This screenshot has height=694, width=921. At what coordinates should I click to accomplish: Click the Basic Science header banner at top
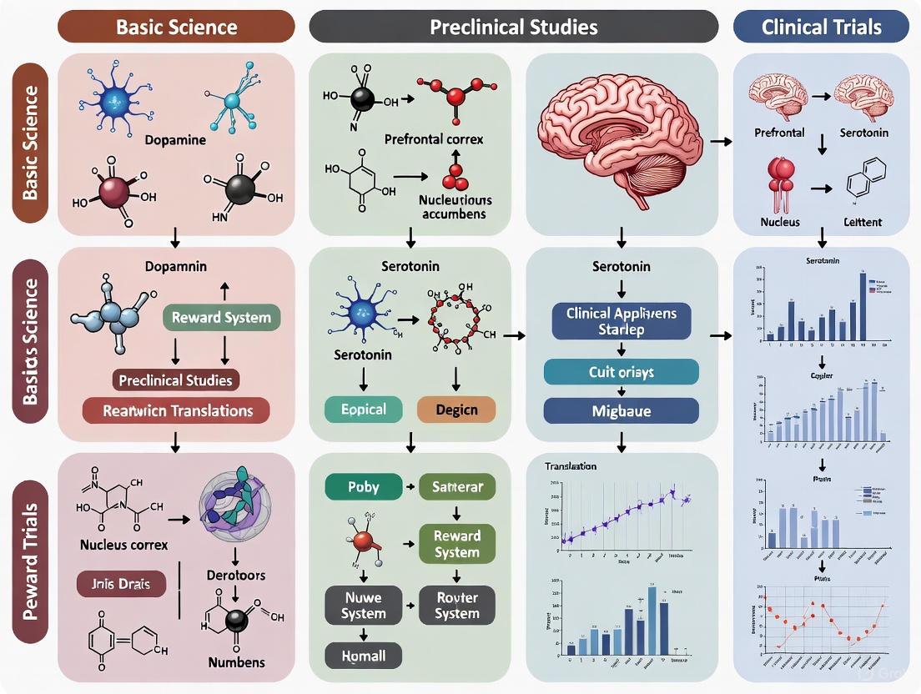coord(176,26)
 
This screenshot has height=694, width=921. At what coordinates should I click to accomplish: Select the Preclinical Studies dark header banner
coord(513,26)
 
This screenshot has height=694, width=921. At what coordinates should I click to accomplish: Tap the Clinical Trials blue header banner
coord(821,26)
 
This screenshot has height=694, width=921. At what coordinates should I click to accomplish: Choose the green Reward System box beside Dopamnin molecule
coord(221,318)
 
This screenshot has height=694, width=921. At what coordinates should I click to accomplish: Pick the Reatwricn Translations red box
coord(176,410)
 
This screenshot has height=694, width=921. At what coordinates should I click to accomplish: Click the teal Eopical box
coord(364,410)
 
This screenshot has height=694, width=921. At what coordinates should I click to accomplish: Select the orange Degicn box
coord(455,410)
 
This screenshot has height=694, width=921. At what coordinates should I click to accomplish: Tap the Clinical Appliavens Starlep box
coord(621,322)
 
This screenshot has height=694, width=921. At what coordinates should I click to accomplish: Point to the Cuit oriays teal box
coord(621,372)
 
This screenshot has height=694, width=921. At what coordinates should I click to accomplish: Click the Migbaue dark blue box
coord(621,410)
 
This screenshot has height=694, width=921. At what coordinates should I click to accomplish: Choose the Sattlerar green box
coord(457,486)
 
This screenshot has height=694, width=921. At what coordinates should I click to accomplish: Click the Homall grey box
coord(364,656)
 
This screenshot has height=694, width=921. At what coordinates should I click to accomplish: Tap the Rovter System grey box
coord(457,605)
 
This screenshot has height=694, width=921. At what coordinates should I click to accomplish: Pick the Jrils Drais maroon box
coord(121,584)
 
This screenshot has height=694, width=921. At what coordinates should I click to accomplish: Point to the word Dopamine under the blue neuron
coord(174,140)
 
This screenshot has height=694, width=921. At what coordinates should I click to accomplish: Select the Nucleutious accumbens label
coord(455,207)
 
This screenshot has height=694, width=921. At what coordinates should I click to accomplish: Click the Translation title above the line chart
coord(571,467)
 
